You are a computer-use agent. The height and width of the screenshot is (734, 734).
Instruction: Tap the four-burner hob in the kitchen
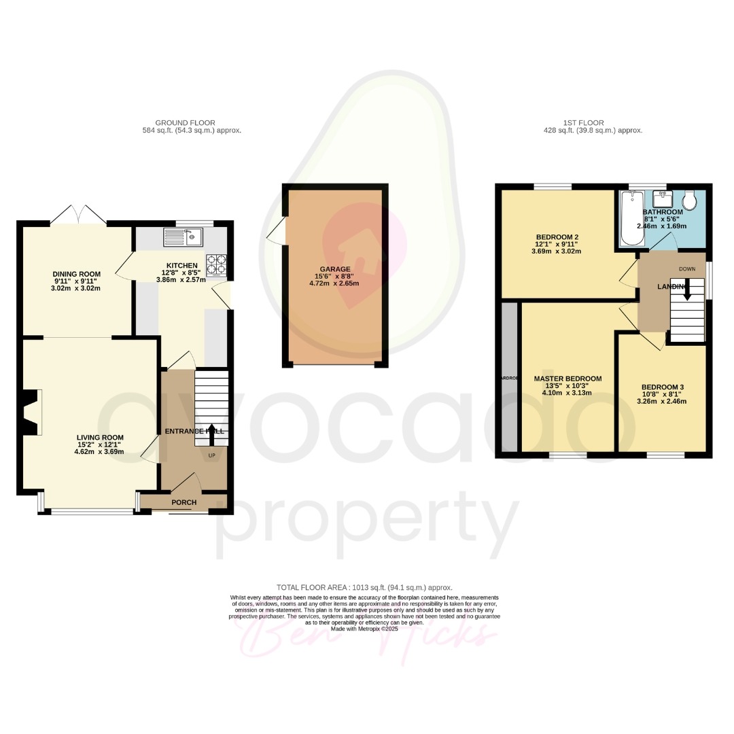pyautogui.click(x=215, y=264)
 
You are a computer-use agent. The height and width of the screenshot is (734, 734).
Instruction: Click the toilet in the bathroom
pyautogui.click(x=690, y=200)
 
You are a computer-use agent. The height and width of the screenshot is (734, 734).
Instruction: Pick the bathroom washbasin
pyautogui.click(x=662, y=199)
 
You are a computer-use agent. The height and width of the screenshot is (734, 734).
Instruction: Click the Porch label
pyautogui.click(x=183, y=503)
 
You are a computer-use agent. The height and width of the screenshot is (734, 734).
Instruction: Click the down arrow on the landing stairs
pyautogui.click(x=686, y=292)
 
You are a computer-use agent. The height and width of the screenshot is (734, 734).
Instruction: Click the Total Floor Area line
pyautogui.click(x=364, y=587)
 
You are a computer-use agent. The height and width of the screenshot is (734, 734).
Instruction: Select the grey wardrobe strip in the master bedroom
pyautogui.click(x=508, y=378)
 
